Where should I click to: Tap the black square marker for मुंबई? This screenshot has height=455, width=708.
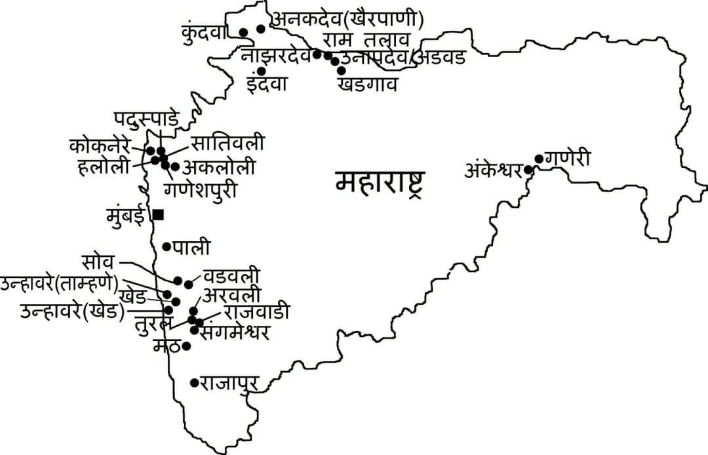[158, 214]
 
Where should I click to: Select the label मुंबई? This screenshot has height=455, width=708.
[128, 215]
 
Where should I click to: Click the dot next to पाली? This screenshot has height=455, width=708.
[167, 247]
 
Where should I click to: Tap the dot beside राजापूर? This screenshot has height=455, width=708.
[194, 382]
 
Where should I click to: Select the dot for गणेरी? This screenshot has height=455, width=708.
[539, 159]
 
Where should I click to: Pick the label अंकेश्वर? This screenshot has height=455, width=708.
[493, 171]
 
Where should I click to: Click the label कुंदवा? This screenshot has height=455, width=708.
[208, 30]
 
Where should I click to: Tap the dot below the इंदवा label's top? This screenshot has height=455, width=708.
[261, 71]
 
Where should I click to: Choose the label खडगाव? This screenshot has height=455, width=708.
[368, 85]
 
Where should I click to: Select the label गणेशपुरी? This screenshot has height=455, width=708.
[201, 189]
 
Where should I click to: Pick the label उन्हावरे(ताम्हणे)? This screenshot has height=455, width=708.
[60, 284]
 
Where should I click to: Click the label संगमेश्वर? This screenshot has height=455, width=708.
[236, 333]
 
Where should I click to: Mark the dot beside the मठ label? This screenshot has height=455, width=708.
[186, 346]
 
